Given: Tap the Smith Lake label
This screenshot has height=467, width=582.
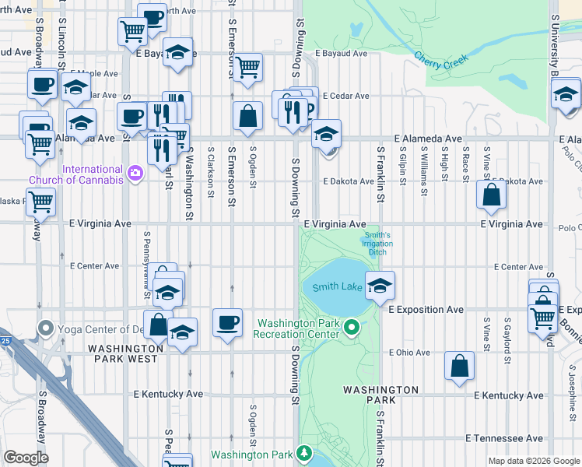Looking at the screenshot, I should pos(337,287).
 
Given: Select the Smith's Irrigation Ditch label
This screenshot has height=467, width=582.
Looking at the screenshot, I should pos(377,243).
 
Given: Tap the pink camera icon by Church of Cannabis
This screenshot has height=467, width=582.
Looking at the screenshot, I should pos(135,172).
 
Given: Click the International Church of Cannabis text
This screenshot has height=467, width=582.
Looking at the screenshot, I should pos(75,174).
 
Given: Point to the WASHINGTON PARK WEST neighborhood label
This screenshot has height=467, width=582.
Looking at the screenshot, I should pos(125,353).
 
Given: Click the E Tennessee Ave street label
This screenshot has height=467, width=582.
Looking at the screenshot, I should pos(504,438).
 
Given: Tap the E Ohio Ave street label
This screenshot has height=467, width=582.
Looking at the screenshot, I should pos(409,353).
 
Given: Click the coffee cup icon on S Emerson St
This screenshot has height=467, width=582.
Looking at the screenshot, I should pos(228,322).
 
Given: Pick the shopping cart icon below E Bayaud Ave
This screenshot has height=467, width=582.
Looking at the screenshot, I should pos(247,67).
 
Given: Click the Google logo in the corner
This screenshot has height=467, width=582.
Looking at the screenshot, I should pos(26,458).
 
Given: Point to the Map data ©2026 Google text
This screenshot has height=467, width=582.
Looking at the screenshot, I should pos(533,461).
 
